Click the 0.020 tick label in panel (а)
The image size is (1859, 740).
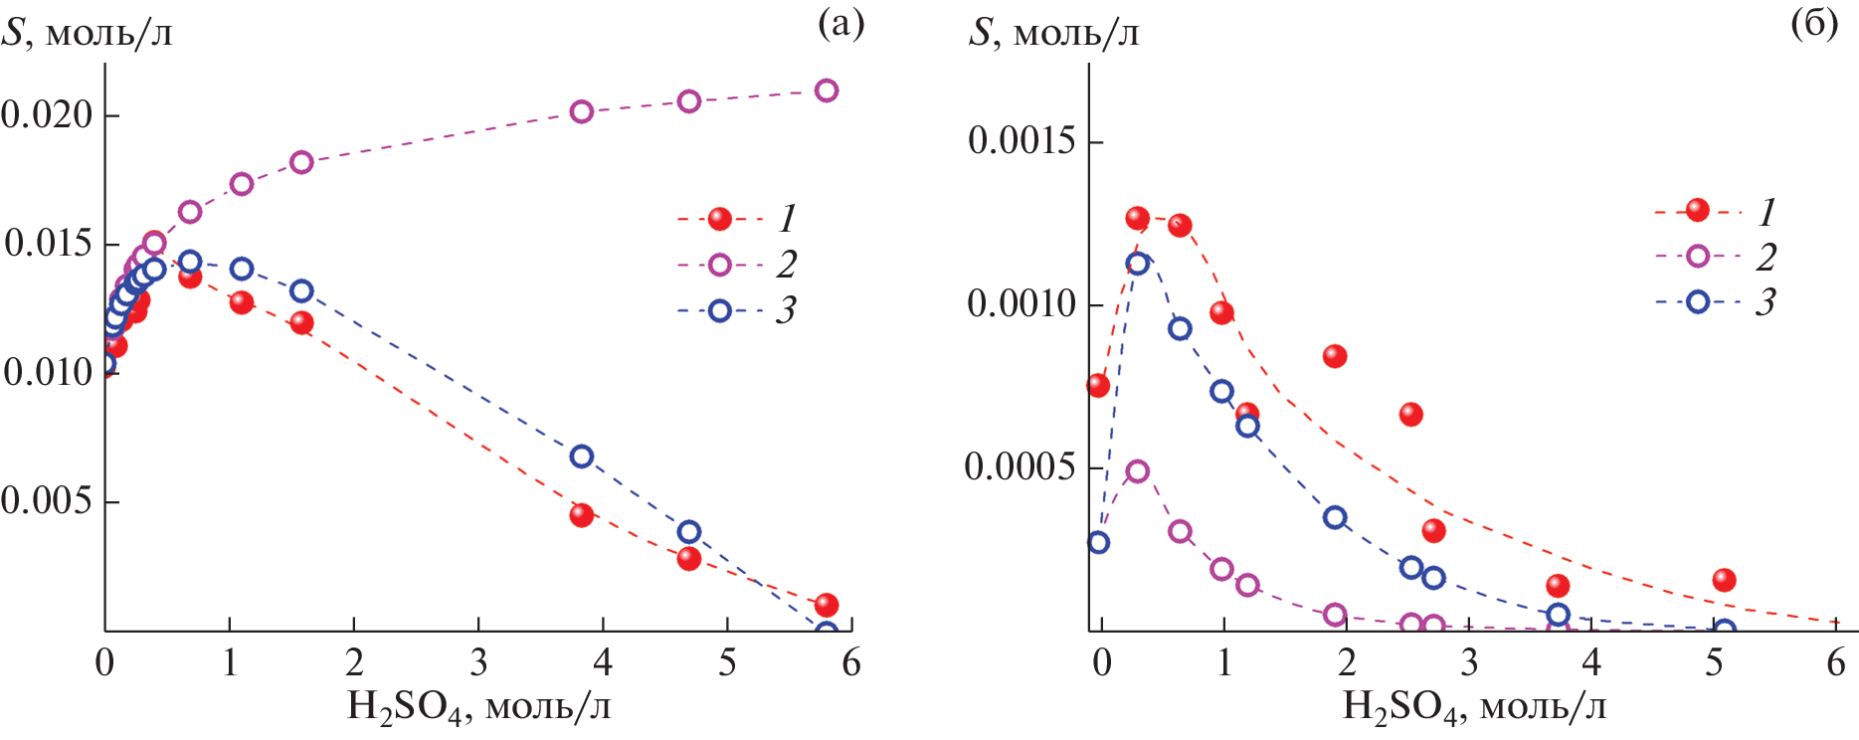click(47, 114)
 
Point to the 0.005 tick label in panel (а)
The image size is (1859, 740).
click(47, 500)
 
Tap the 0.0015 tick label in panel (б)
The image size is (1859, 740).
click(1022, 141)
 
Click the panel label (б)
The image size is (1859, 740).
click(1814, 24)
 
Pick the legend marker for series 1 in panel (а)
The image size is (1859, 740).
click(720, 219)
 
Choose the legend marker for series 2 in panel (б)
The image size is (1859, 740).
click(1698, 257)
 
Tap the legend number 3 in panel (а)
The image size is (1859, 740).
click(786, 311)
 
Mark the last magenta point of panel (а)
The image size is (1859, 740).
click(827, 91)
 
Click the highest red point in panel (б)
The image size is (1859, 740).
click(1138, 219)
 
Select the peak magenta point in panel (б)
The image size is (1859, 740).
click(1138, 471)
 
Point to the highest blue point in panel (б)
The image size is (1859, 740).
click(1138, 264)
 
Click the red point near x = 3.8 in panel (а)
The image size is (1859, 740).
click(582, 515)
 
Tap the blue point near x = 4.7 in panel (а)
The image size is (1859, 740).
click(689, 532)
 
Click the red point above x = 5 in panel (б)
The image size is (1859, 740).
click(1725, 580)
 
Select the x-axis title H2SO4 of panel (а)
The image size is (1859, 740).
click(478, 707)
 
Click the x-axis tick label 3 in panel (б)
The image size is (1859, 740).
click(1469, 663)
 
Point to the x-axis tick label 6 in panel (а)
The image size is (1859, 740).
click(851, 663)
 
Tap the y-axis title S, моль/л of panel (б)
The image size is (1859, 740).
click(1053, 33)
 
